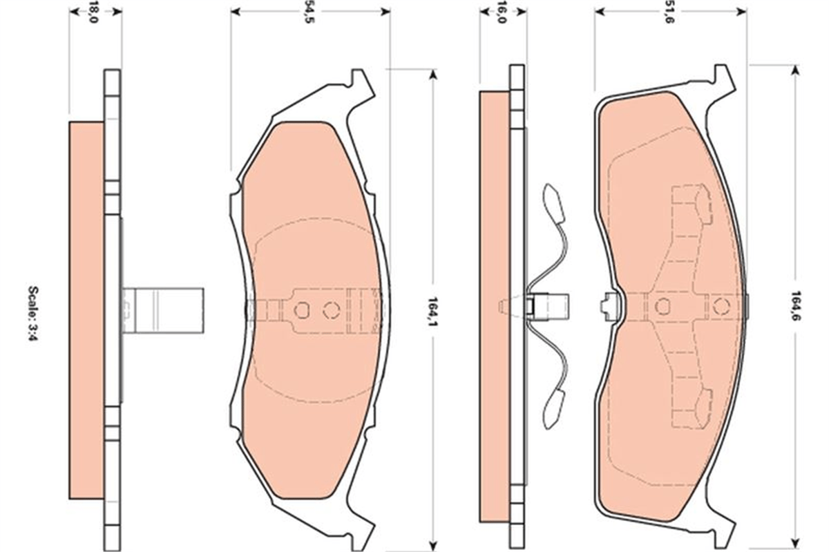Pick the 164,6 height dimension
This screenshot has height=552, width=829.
point(794,306)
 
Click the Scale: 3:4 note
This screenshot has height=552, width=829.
point(33,318)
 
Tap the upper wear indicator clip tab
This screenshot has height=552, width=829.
point(553,203)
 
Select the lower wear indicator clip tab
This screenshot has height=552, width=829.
point(554,410)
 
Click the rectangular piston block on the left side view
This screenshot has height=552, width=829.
point(163,310)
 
